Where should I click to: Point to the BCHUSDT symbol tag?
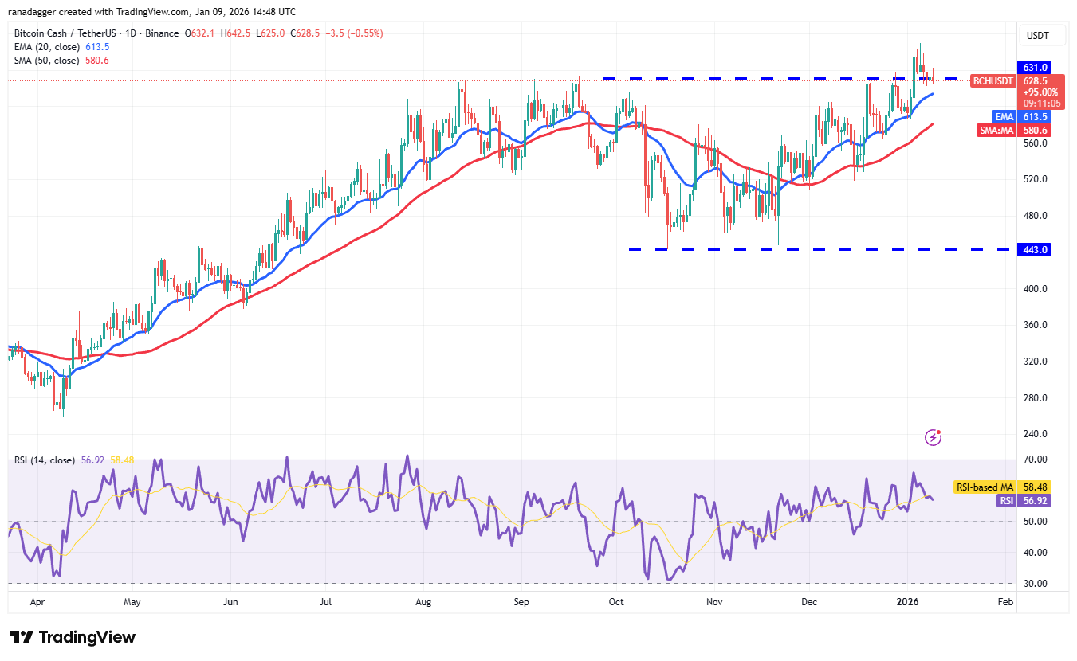[992, 81]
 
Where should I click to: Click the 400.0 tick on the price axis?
[1035, 289]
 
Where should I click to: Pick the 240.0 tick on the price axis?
[1035, 434]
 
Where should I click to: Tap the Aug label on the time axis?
[423, 603]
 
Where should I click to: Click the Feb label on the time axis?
[1005, 603]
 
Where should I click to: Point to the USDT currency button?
[1037, 36]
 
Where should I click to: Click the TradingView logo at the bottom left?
[73, 637]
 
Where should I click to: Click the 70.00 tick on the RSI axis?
[1036, 460]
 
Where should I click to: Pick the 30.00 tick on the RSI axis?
[1036, 583]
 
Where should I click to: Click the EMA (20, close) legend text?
[47, 47]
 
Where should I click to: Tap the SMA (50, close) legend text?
[47, 61]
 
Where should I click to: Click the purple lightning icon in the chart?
[933, 437]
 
